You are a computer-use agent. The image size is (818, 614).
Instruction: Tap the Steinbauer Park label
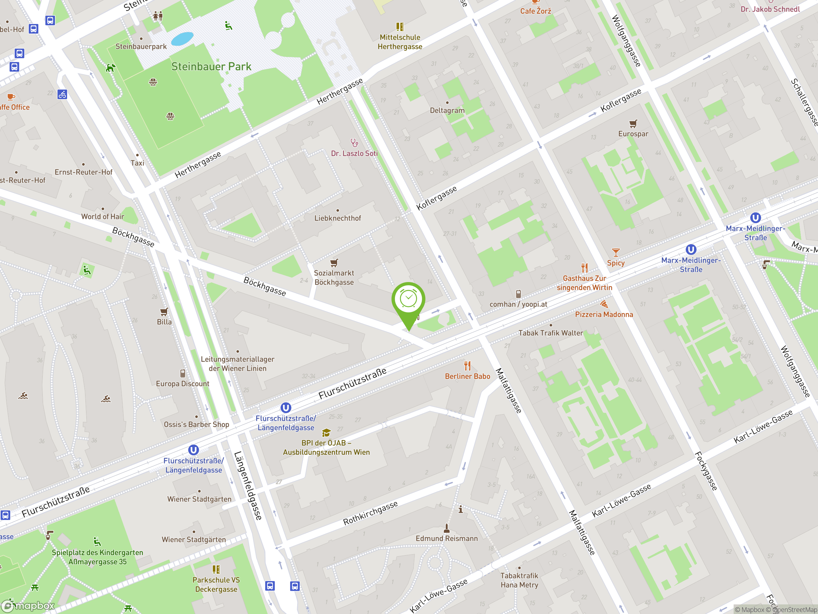tap(211, 67)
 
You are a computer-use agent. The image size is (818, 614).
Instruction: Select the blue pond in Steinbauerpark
tap(182, 38)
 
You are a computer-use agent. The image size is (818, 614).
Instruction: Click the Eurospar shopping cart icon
tap(633, 124)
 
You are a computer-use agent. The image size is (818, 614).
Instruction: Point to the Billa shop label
tap(164, 322)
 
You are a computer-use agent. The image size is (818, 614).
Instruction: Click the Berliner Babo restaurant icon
tap(467, 366)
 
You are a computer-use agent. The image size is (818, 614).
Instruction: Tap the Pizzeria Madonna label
tap(604, 315)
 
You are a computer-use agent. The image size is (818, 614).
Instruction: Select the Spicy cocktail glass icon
tap(616, 253)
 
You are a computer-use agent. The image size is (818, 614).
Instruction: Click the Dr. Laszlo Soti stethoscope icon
tap(354, 143)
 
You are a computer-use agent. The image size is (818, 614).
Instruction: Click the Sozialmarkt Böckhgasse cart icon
tap(334, 263)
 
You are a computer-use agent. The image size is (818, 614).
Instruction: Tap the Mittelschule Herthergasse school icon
tap(400, 27)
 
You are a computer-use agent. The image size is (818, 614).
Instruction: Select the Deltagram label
tap(447, 110)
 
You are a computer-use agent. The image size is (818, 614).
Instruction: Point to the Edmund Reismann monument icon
tap(447, 527)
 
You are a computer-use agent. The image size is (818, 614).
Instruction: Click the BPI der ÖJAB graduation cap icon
tap(326, 433)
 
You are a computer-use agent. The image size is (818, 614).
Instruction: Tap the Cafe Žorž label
tap(536, 11)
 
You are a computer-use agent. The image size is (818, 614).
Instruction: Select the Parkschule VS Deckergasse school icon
tap(216, 569)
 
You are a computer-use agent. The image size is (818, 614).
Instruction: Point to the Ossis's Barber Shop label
tap(197, 424)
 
